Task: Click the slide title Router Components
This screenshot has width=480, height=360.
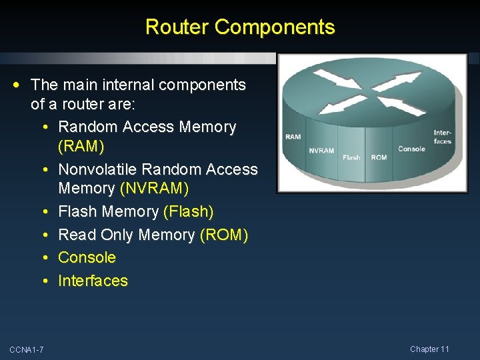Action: pos(240,27)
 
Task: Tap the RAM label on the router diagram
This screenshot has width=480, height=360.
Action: pos(293,137)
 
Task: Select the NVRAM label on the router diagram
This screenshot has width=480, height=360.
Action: pos(321,151)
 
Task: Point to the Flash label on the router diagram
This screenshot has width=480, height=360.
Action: pos(351,157)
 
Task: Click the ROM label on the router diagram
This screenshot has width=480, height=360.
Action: pos(379,157)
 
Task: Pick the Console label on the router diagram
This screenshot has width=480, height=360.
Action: pos(411,149)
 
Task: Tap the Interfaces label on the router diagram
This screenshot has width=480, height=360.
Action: pos(443,137)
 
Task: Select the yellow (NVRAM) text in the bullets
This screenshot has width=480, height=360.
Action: pos(155,189)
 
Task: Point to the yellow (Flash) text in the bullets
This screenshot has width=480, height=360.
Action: pos(189,212)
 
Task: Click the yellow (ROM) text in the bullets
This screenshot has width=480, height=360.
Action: pos(223,235)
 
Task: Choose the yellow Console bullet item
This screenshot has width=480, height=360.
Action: pos(87,257)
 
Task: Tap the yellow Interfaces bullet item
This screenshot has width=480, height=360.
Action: pos(93,281)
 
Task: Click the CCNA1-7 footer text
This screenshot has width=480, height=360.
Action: pos(27,350)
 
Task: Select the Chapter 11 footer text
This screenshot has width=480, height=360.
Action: pos(429,349)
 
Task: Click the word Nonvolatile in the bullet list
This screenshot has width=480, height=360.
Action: pos(100,169)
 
